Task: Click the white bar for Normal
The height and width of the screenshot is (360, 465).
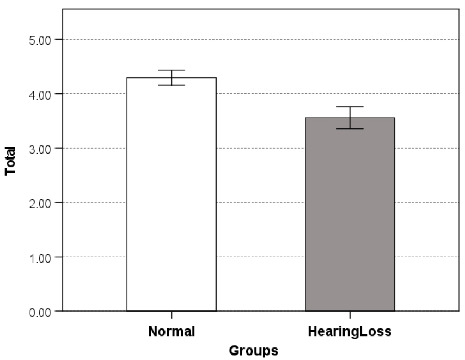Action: click(x=172, y=194)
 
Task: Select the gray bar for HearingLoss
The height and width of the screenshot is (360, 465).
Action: click(x=350, y=214)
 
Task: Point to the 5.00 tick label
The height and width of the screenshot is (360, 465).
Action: click(x=40, y=40)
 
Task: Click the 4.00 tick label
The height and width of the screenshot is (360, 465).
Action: click(x=40, y=95)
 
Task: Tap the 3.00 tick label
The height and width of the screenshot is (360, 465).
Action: click(x=40, y=149)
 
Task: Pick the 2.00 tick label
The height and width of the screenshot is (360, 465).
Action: click(x=40, y=204)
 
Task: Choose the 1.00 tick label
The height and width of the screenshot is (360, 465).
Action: click(x=40, y=258)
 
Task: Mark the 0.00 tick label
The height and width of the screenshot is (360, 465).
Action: click(x=40, y=312)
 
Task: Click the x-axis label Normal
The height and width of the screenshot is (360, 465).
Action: click(x=172, y=331)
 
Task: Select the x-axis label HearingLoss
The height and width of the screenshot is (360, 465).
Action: click(x=350, y=332)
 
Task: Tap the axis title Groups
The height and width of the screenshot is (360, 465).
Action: click(x=254, y=351)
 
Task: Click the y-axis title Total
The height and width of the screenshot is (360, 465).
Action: click(x=10, y=161)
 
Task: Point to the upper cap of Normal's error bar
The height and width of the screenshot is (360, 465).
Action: click(x=172, y=70)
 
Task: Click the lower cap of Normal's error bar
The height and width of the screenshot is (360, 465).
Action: click(x=172, y=86)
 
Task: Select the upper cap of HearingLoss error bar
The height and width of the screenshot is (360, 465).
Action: click(x=350, y=106)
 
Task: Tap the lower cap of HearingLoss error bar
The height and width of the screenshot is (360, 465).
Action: click(x=350, y=129)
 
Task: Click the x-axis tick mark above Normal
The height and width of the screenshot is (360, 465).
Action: click(x=172, y=315)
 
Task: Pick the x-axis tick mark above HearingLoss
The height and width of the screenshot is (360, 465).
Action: click(x=350, y=315)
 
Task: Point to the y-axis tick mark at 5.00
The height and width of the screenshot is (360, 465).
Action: click(x=59, y=39)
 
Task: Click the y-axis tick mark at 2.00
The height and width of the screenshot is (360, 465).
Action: click(x=59, y=203)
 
